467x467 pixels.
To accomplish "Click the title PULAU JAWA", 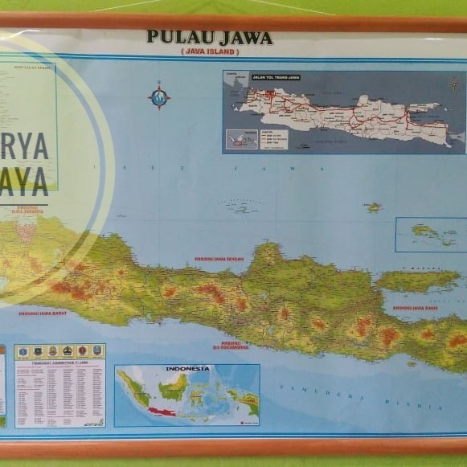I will [209, 38].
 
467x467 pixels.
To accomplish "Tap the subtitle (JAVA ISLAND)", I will [209, 51].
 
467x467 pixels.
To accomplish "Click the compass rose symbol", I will [159, 97].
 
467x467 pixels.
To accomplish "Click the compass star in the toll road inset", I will [454, 84].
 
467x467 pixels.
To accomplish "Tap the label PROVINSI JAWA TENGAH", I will [219, 260].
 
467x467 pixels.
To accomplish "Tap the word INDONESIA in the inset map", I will [187, 369].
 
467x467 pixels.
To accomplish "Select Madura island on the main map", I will [418, 280].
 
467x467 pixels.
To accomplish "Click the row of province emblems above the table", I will [59, 351].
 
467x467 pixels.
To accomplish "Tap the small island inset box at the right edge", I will [430, 234].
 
